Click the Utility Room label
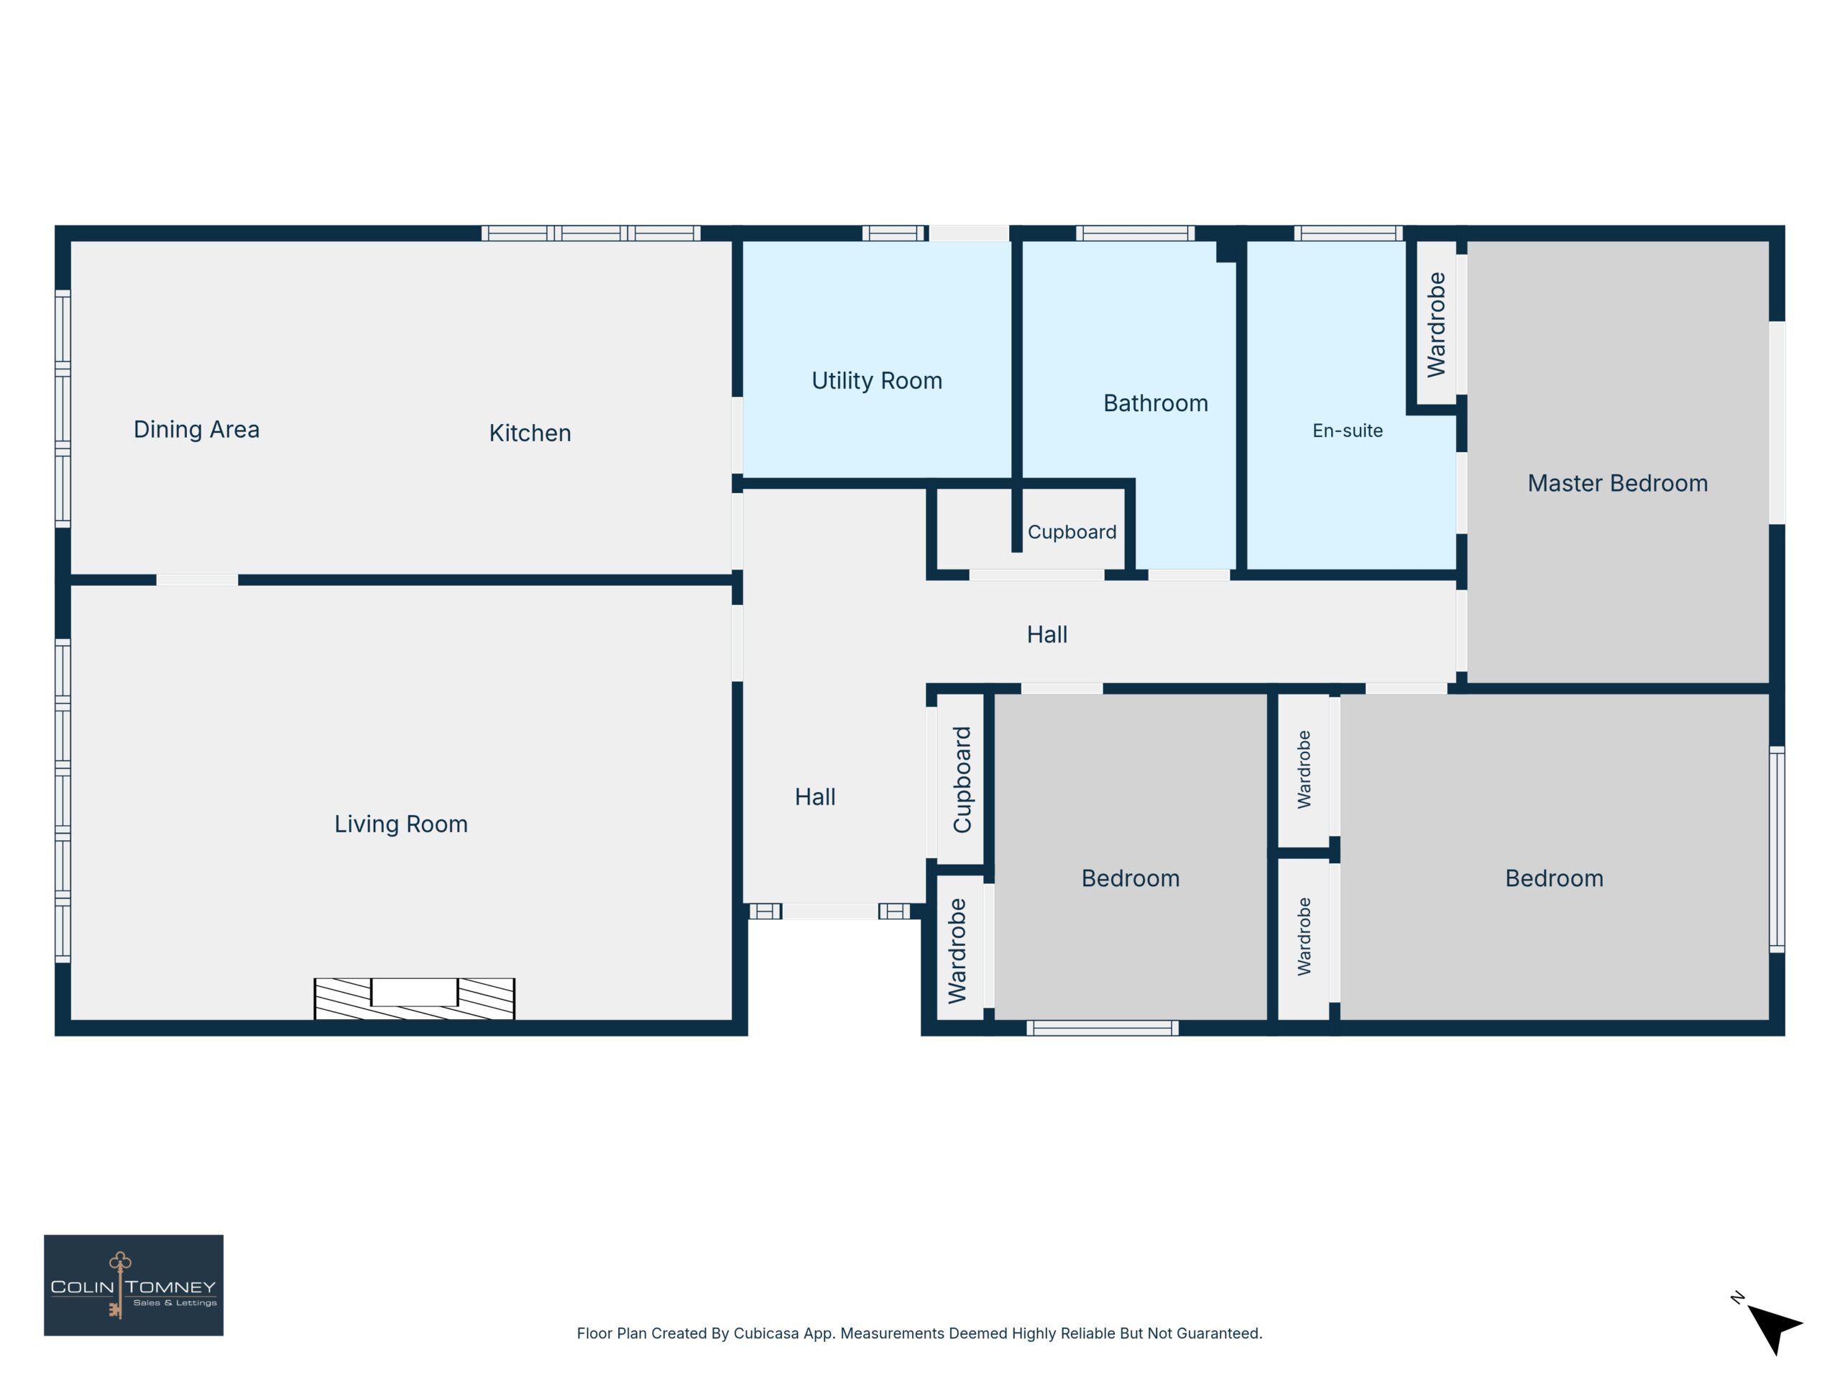(x=877, y=381)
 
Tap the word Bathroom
(x=1156, y=403)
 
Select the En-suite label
(x=1348, y=431)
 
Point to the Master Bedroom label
(x=1617, y=483)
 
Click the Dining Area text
(x=196, y=429)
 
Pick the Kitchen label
(x=530, y=433)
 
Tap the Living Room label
(x=401, y=824)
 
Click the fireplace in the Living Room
(x=414, y=998)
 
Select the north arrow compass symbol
(x=1770, y=1324)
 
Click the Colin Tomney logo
(x=133, y=1285)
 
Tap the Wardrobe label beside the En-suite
(x=1437, y=324)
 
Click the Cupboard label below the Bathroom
(x=1072, y=533)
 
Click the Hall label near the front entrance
(x=815, y=797)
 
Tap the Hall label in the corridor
(x=1047, y=635)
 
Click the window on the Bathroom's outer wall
(x=1135, y=233)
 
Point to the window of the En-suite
(x=1348, y=233)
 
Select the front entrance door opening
(x=830, y=911)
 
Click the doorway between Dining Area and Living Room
(x=197, y=580)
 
